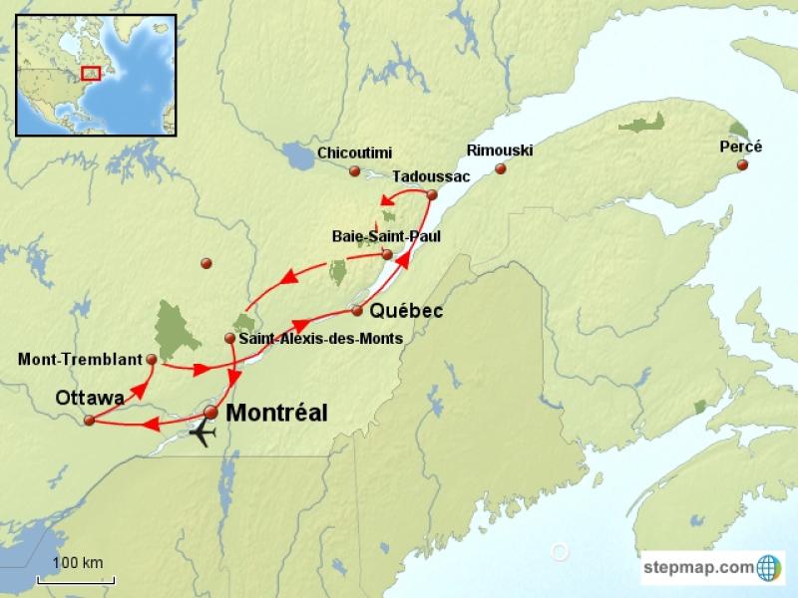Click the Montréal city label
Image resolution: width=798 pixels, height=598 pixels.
coord(277,413)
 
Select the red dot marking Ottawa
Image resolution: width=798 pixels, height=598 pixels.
coord(89,421)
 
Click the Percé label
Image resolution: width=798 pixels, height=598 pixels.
coord(740,147)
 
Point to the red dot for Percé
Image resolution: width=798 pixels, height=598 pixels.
coord(742,166)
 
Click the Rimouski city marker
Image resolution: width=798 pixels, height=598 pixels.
coord(501,168)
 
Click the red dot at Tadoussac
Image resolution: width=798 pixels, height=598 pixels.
coord(432,194)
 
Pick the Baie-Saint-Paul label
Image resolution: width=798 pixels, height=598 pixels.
coord(385,236)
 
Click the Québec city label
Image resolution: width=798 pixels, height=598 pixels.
coord(406,312)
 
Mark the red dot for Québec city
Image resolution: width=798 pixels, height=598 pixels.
coord(357,311)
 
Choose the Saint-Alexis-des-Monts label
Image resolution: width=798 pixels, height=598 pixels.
coord(321,339)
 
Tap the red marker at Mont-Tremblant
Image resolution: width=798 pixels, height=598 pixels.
coord(152,359)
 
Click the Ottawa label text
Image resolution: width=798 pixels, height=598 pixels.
coord(90,398)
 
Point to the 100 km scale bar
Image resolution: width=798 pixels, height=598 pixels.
coord(77,578)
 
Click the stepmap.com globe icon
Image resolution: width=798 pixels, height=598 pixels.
coord(769,567)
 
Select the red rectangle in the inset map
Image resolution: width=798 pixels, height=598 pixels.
coord(91,74)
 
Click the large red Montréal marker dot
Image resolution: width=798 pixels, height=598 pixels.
coord(211,412)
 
